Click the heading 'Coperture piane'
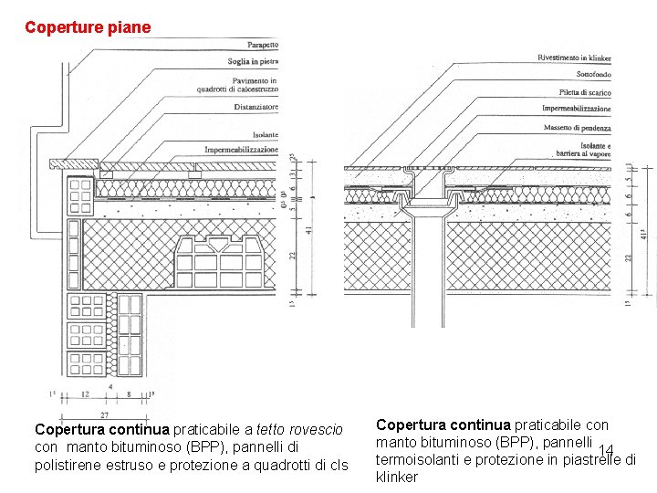(88, 27)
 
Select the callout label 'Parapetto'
(263, 45)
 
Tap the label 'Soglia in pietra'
(253, 61)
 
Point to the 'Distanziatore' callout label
(255, 107)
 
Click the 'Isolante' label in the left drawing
(265, 135)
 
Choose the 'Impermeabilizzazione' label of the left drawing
(241, 149)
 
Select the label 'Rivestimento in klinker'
(574, 58)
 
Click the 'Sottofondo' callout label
(593, 75)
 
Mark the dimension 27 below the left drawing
(104, 415)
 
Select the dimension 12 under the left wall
(85, 395)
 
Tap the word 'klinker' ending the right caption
(397, 477)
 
